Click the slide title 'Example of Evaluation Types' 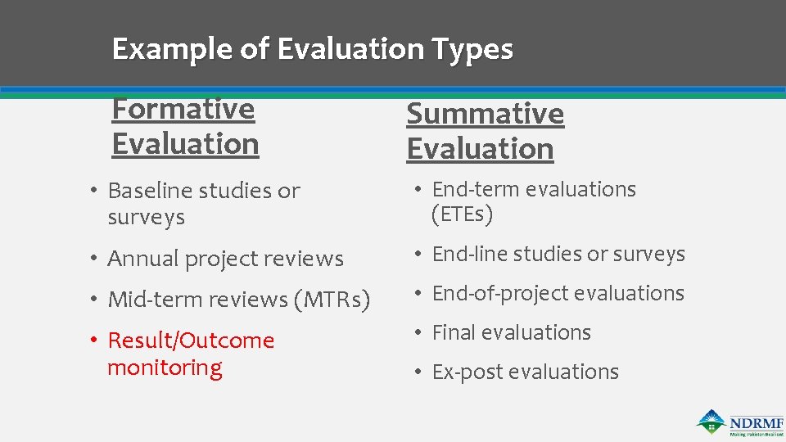(312, 49)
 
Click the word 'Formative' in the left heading (183, 109)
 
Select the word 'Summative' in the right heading (485, 114)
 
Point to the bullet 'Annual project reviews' (225, 259)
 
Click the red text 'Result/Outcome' (191, 341)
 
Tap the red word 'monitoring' (165, 368)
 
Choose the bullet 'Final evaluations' (511, 333)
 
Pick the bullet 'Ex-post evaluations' (525, 372)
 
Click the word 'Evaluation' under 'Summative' (480, 149)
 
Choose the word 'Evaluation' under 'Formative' (185, 144)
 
